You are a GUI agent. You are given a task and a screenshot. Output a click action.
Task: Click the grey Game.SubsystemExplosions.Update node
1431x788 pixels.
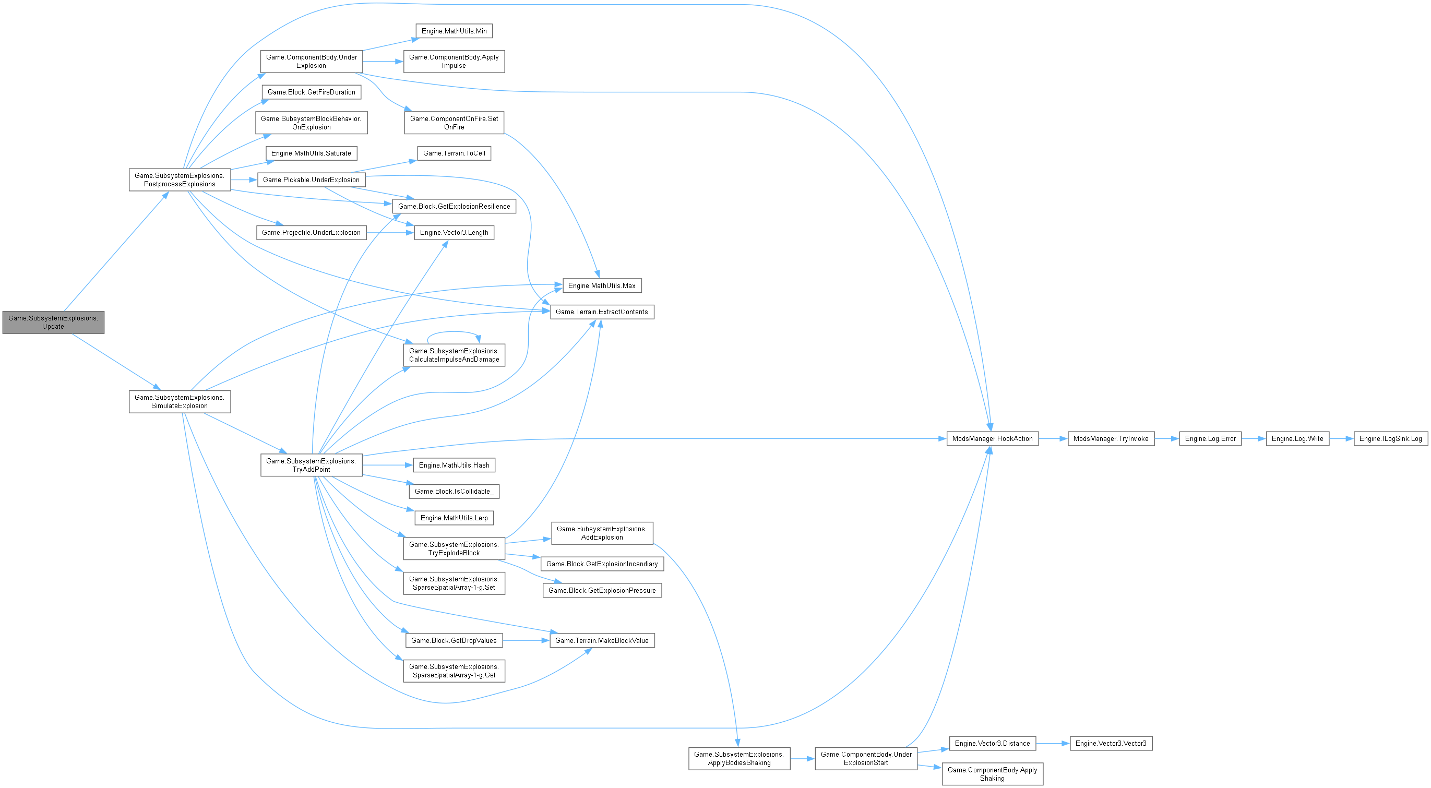53,322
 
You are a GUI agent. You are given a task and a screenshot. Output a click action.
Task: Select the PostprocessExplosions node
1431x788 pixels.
180,180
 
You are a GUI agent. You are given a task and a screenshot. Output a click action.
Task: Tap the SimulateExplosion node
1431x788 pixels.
180,401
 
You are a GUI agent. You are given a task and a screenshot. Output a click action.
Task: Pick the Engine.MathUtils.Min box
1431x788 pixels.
454,31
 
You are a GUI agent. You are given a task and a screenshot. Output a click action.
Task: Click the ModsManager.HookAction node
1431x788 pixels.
992,439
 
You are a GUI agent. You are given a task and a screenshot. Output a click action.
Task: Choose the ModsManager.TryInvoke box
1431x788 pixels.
1111,439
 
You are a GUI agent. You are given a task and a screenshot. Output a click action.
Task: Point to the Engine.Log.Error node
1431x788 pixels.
1210,439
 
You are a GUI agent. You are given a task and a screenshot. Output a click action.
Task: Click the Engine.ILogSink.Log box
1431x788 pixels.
1390,439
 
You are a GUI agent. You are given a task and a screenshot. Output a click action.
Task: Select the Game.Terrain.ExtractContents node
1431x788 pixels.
602,312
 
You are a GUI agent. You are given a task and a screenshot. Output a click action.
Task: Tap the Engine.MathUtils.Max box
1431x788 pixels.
602,286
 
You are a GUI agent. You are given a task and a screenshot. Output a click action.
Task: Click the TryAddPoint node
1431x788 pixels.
311,465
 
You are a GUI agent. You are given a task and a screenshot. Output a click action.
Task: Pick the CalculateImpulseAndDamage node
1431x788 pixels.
454,355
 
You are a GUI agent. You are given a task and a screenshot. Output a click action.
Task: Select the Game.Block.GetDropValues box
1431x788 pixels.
454,641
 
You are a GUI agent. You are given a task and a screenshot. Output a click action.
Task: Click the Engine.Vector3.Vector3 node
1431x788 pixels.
1111,744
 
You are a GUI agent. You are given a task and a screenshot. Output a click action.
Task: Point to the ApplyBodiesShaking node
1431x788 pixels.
739,759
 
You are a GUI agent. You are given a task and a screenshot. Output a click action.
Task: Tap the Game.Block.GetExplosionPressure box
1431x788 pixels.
602,591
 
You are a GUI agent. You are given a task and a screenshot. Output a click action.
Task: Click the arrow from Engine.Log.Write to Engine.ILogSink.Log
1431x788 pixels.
1341,439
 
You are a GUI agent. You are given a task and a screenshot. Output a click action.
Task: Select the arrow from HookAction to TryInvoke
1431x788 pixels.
1053,439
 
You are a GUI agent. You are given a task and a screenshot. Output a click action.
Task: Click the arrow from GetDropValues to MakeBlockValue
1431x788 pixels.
526,641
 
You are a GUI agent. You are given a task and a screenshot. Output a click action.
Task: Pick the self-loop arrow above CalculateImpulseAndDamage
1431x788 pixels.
453,332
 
